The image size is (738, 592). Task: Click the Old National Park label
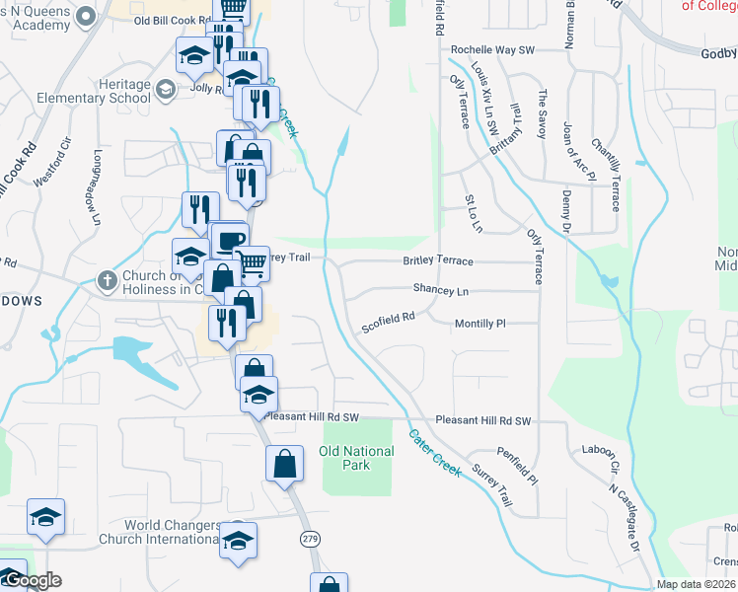[356, 458]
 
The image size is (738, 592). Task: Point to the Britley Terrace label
[438, 261]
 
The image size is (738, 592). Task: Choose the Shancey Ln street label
[441, 290]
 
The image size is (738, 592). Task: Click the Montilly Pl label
[480, 323]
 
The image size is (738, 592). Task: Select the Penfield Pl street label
[517, 467]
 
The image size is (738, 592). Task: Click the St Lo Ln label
[474, 214]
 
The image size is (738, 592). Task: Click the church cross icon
[108, 280]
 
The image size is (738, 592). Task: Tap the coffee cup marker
[230, 241]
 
